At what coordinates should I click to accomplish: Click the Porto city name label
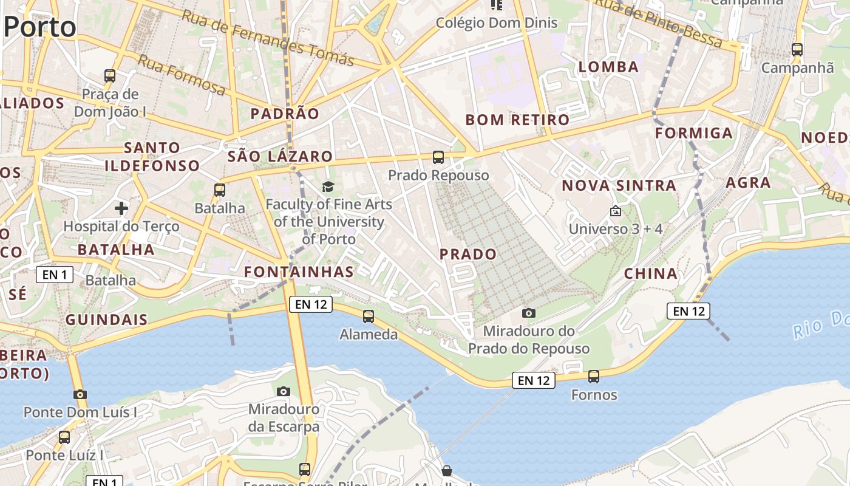click(x=40, y=27)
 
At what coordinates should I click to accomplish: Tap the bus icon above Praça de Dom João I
click(x=110, y=76)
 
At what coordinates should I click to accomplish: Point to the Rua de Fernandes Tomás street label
click(x=268, y=38)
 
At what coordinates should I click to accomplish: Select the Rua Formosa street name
click(x=181, y=75)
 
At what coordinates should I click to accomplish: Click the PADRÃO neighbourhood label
click(x=285, y=114)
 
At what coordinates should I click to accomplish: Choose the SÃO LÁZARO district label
click(x=280, y=156)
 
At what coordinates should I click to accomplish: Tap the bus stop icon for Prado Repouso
click(x=438, y=157)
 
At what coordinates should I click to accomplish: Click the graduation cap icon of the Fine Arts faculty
click(x=328, y=187)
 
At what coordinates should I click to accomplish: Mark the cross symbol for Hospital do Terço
click(x=121, y=209)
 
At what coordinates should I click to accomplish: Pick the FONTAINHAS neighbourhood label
click(x=299, y=272)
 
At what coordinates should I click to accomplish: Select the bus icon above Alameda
click(x=369, y=316)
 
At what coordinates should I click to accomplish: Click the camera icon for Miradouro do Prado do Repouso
click(x=529, y=313)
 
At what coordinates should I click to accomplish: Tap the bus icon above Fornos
click(x=594, y=377)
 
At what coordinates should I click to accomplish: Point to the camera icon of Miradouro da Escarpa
click(x=284, y=391)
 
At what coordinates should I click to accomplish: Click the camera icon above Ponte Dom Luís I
click(x=80, y=394)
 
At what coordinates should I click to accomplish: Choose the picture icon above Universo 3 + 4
click(x=615, y=211)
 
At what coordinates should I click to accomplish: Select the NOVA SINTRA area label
click(x=619, y=185)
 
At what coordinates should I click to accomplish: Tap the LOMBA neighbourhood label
click(x=608, y=67)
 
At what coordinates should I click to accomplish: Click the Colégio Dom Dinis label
click(x=497, y=23)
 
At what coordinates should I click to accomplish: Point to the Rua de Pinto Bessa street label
click(x=658, y=23)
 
